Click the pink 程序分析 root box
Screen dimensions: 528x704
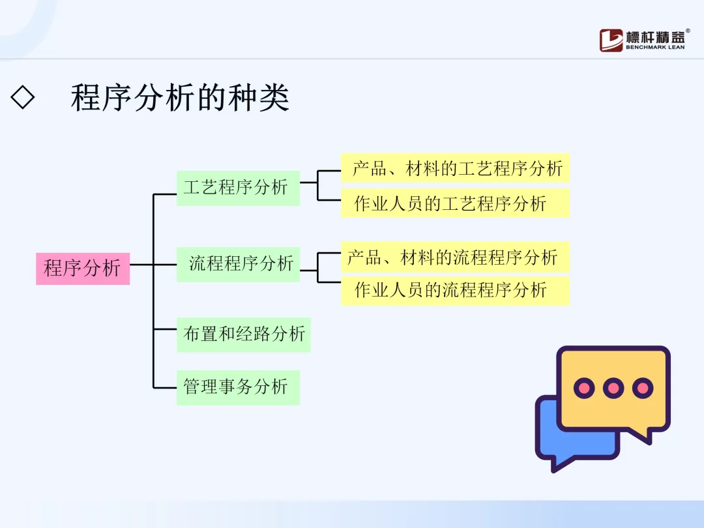click(83, 268)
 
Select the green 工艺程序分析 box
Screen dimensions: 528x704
click(238, 188)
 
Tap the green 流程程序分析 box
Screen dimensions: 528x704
click(238, 264)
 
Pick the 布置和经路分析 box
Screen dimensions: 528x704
click(243, 334)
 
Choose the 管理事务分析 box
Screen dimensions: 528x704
click(238, 387)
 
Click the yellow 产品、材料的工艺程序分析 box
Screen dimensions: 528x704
click(455, 168)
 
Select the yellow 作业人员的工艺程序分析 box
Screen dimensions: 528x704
click(455, 203)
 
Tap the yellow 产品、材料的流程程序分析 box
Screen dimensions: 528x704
click(455, 257)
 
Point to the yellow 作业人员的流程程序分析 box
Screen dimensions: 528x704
click(455, 290)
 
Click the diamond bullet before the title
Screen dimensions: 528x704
click(23, 98)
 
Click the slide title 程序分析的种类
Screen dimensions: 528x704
click(180, 98)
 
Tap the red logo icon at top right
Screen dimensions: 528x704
click(611, 40)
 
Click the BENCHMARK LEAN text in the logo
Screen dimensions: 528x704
click(655, 47)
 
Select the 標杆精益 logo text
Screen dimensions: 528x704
click(654, 36)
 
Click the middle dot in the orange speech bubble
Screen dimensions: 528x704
click(613, 389)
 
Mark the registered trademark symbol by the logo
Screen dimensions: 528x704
click(688, 30)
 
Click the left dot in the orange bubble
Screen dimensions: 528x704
click(584, 389)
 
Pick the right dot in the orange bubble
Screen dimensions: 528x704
click(643, 389)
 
